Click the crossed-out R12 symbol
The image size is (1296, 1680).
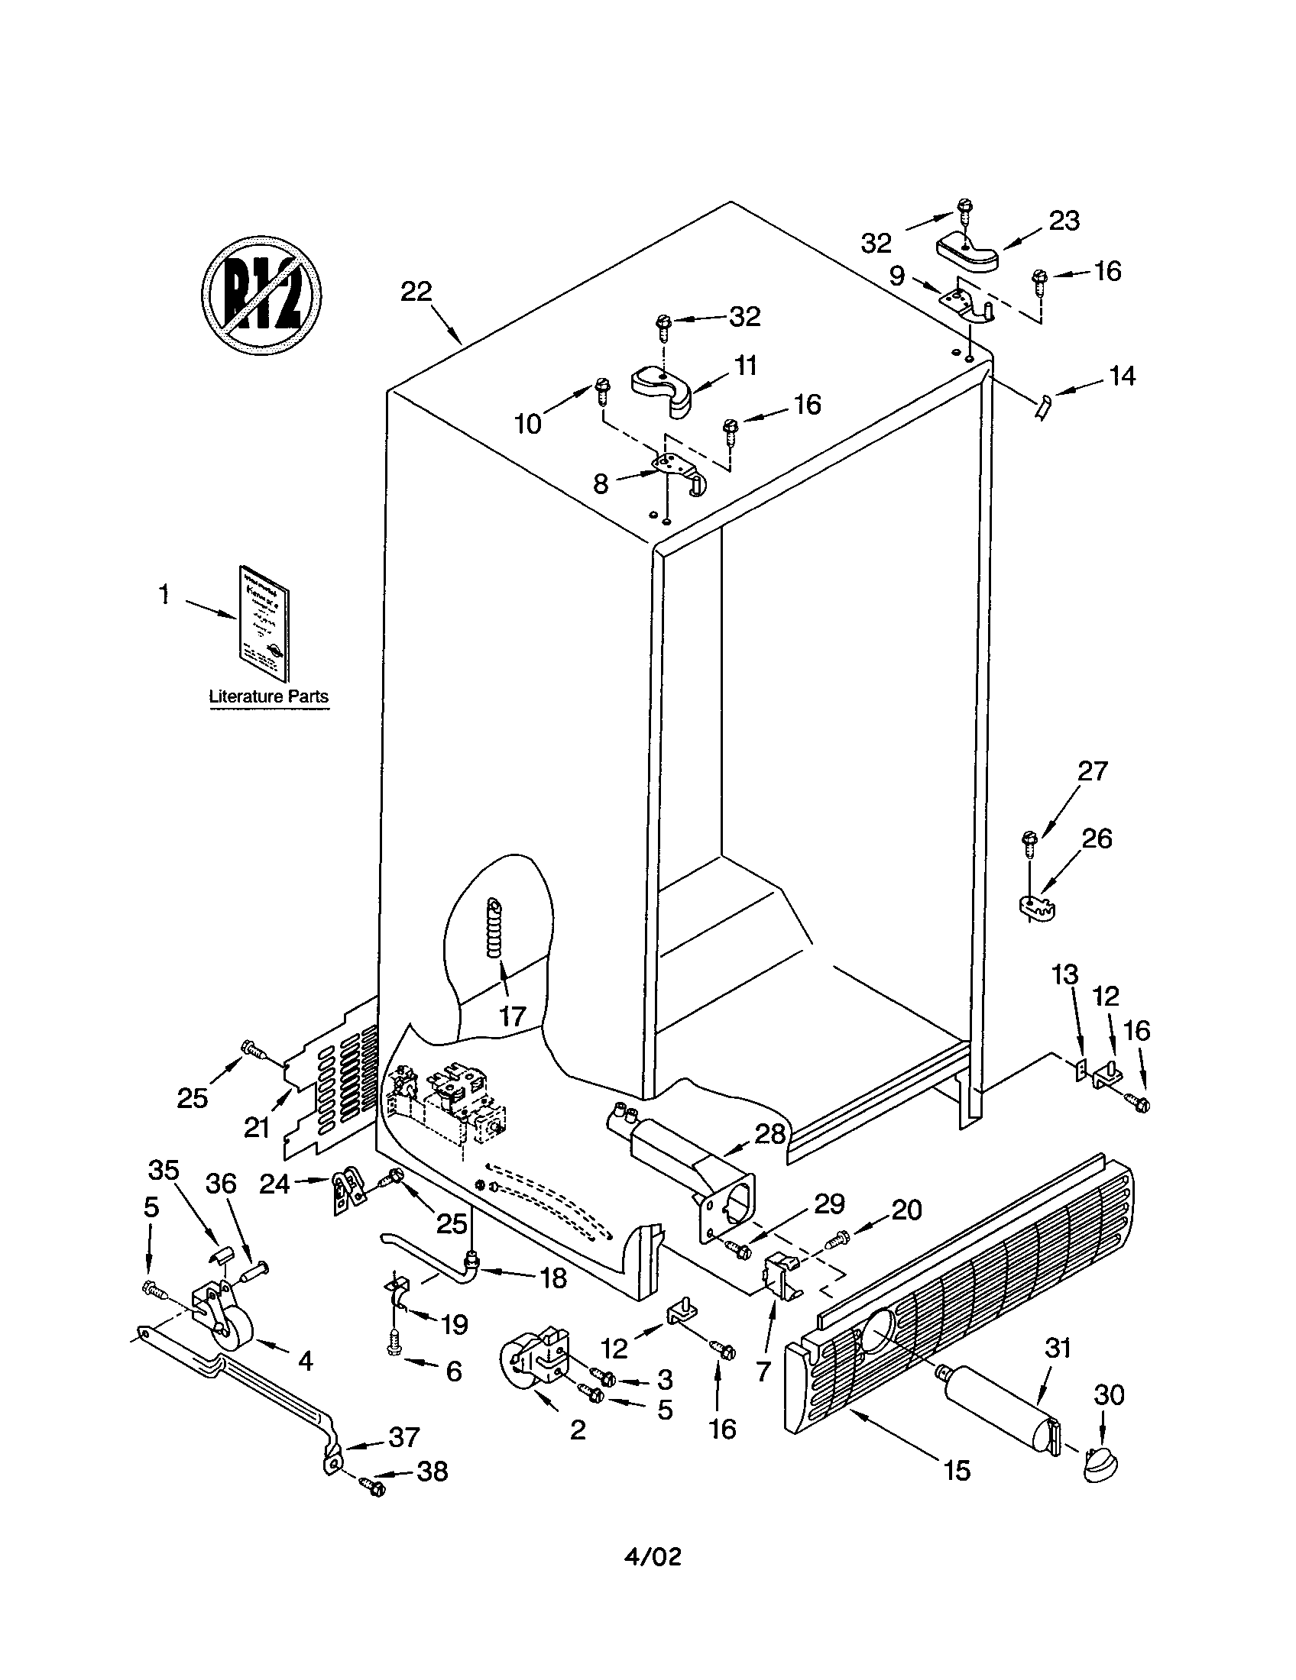(261, 296)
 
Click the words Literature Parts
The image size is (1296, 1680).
(268, 696)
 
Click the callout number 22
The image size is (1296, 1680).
(416, 292)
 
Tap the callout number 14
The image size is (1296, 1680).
(1122, 376)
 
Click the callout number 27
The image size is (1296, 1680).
(1092, 771)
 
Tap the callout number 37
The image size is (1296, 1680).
(403, 1436)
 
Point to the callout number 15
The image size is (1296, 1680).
(957, 1471)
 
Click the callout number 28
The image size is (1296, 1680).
(770, 1133)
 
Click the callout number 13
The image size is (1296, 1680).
(1065, 975)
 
